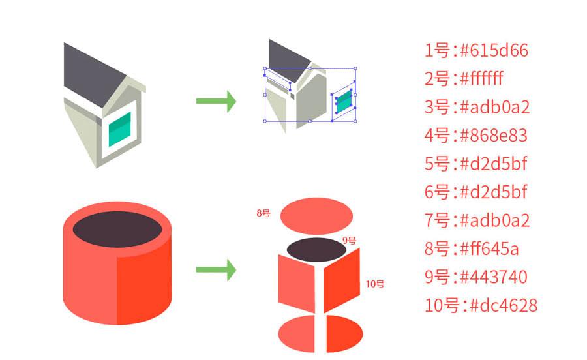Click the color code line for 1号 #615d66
(x=475, y=50)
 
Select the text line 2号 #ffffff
(x=464, y=79)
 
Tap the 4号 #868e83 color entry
(x=475, y=136)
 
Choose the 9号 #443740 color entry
(x=475, y=277)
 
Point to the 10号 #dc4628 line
(x=481, y=305)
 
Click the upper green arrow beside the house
(x=216, y=101)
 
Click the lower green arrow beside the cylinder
(x=216, y=269)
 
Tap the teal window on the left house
(x=119, y=129)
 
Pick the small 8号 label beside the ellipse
(x=263, y=213)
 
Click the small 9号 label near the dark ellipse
(x=350, y=240)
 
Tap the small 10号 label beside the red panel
(x=374, y=284)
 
